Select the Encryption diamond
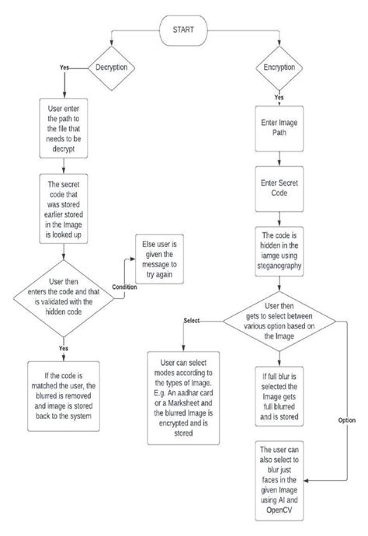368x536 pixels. click(x=278, y=67)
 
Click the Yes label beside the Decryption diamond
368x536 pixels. click(x=64, y=68)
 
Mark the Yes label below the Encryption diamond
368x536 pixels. click(x=278, y=99)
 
